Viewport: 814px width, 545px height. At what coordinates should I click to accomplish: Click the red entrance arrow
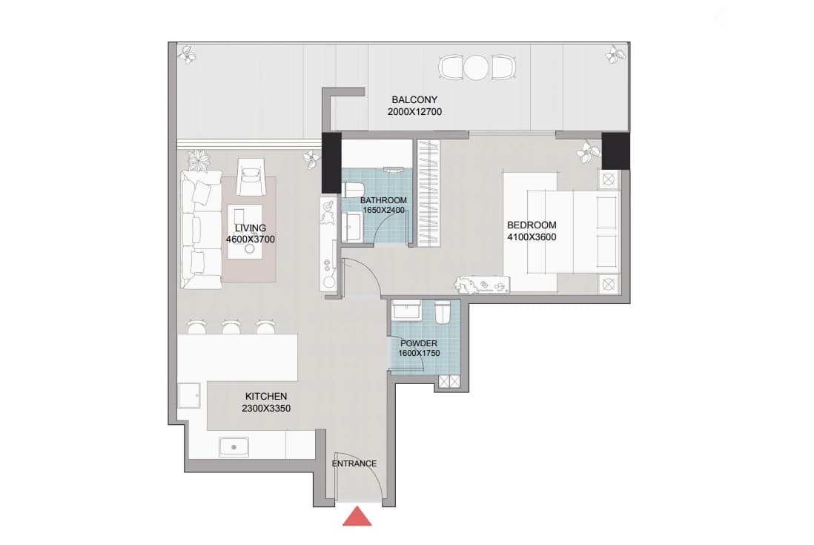[357, 516]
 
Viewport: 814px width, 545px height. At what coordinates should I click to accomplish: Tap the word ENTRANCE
[354, 463]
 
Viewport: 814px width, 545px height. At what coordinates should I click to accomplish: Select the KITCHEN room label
[266, 396]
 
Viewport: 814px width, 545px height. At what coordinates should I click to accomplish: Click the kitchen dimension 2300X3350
[266, 409]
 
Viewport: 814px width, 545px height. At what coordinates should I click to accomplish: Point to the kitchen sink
[234, 447]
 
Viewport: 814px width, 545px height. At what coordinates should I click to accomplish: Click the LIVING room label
[251, 228]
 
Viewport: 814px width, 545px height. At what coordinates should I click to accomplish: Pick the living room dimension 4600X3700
[251, 240]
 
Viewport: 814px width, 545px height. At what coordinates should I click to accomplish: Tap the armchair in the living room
[251, 177]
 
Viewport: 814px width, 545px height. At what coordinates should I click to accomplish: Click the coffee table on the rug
[245, 231]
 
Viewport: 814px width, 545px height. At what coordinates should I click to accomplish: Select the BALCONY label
[415, 99]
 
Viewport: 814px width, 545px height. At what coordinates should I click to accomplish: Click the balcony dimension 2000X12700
[415, 111]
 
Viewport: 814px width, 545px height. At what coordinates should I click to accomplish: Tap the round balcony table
[477, 67]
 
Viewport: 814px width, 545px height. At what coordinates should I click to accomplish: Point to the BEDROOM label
[532, 225]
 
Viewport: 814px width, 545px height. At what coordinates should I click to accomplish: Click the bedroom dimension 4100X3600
[532, 237]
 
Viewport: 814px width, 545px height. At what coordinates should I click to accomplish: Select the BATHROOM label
[383, 200]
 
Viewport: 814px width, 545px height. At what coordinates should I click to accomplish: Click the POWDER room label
[419, 343]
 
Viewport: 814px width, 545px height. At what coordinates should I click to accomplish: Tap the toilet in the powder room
[443, 312]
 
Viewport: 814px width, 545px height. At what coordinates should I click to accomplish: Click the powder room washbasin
[408, 310]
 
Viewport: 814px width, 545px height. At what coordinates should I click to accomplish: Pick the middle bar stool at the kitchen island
[231, 326]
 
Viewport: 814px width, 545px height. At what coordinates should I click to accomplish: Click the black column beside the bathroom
[331, 163]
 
